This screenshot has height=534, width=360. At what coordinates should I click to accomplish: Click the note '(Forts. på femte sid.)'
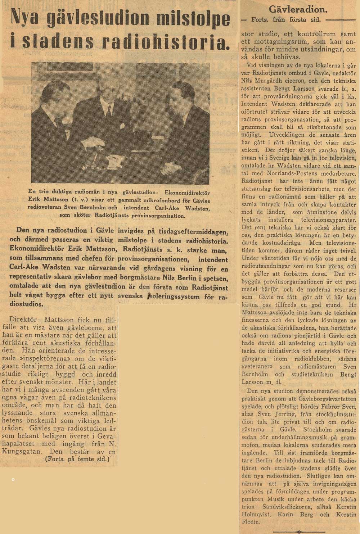[77, 459]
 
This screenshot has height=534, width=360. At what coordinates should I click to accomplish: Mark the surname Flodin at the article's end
[251, 522]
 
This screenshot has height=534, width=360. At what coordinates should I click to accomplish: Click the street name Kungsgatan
[27, 452]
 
